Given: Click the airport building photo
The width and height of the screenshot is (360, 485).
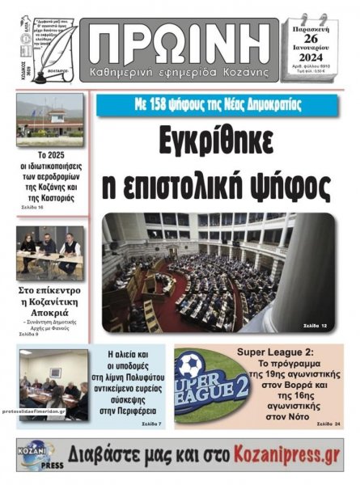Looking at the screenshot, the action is [x=49, y=120].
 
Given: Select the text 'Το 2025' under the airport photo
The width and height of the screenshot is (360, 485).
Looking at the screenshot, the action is [x=49, y=155].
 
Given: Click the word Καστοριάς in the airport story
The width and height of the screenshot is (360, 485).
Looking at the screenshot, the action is [x=51, y=197].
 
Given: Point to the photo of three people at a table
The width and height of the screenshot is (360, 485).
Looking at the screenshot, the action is [x=49, y=252].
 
